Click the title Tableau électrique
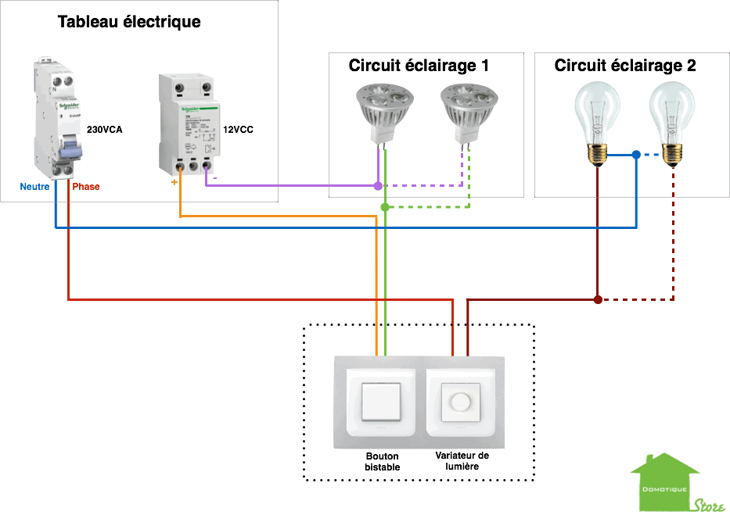tap(129, 22)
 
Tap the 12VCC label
tap(239, 130)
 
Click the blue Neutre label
tap(34, 187)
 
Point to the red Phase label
tap(86, 187)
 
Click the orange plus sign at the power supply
tap(175, 183)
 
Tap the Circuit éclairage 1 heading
tap(419, 66)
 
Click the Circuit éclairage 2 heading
tap(625, 66)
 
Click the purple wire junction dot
tap(378, 186)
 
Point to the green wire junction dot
tap(385, 207)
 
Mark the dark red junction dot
tap(598, 299)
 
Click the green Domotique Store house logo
tap(665, 485)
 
